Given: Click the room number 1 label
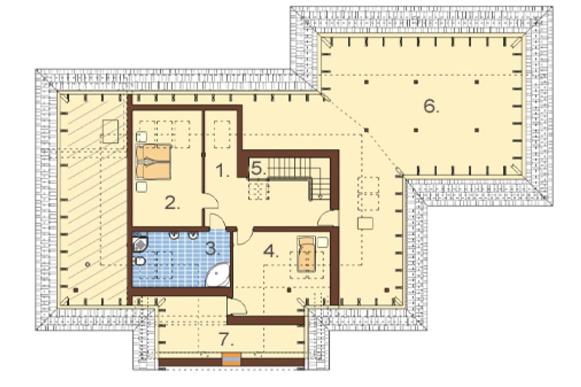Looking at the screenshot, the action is [222, 171].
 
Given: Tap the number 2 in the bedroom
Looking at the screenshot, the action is [172, 203].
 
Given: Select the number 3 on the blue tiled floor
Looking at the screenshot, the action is [212, 249].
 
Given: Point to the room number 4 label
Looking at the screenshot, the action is [271, 251].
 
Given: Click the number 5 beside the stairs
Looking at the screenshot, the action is [259, 169].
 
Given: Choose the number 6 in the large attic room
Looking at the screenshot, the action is [431, 106].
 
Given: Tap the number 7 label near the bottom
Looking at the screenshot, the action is [226, 339].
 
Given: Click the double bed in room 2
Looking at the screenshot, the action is [153, 162].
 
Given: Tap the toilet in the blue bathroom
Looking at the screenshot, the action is [140, 262].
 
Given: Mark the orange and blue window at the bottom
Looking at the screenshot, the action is [231, 359].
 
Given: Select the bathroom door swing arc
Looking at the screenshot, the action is [218, 221].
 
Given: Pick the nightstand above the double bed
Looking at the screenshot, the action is [141, 137].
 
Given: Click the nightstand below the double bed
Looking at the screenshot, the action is [141, 187].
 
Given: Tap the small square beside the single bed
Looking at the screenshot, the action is [323, 242].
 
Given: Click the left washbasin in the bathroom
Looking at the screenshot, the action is [174, 235].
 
